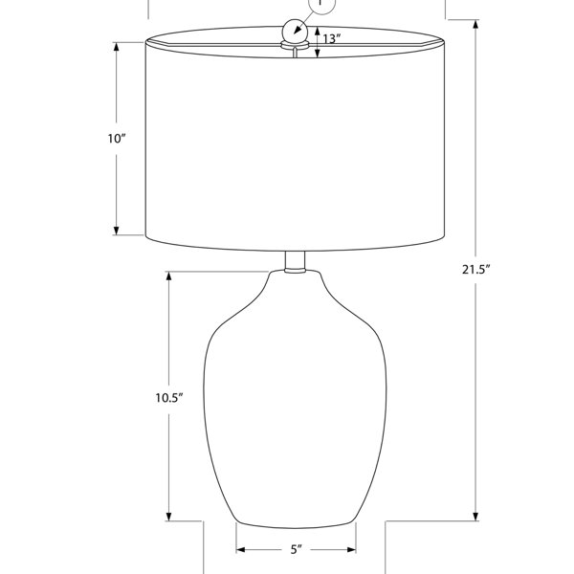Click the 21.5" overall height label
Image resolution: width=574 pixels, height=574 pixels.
coord(475,270)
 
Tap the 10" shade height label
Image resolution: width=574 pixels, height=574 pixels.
coord(117,139)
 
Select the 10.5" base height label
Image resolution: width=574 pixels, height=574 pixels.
coord(168,398)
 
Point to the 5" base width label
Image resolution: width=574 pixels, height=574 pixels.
coord(297,549)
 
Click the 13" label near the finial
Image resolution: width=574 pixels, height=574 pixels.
coord(332,38)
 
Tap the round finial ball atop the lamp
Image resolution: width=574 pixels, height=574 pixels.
coord(295,31)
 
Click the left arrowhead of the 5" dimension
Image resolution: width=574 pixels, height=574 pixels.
coord(240,549)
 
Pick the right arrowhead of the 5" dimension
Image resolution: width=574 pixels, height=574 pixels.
coord(351,549)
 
